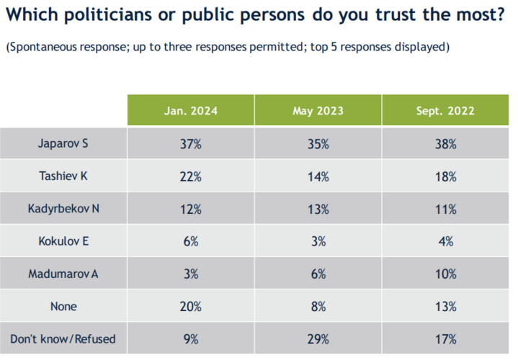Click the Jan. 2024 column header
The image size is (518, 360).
coord(191,111)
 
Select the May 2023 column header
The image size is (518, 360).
coord(318,111)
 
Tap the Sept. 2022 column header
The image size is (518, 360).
coord(445,111)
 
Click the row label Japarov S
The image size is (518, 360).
coord(63,144)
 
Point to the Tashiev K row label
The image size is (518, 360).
coord(63,176)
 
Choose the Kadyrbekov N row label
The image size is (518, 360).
coord(63,210)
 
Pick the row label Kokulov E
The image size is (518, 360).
coord(63,242)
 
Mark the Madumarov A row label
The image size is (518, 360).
coord(63,274)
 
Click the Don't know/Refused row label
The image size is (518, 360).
coord(63,339)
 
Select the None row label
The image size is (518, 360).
coord(63,307)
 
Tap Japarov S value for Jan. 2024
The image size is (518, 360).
coord(191,144)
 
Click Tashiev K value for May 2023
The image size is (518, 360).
coord(318,176)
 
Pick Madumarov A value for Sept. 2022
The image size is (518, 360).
coord(445,274)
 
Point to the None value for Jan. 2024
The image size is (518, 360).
coord(191,307)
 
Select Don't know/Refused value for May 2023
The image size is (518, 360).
coord(318,339)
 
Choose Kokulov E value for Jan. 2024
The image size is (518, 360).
coord(191,242)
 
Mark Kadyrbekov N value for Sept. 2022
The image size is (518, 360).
coord(445,210)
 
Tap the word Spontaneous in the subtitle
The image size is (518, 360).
coord(40,48)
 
